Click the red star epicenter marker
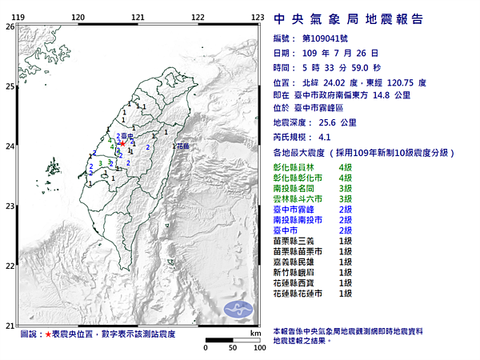coord(122,144)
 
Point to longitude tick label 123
coord(258,17)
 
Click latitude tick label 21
coord(10,325)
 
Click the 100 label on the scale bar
coord(258,349)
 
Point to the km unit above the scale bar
coord(255,333)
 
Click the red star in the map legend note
coord(47,333)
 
